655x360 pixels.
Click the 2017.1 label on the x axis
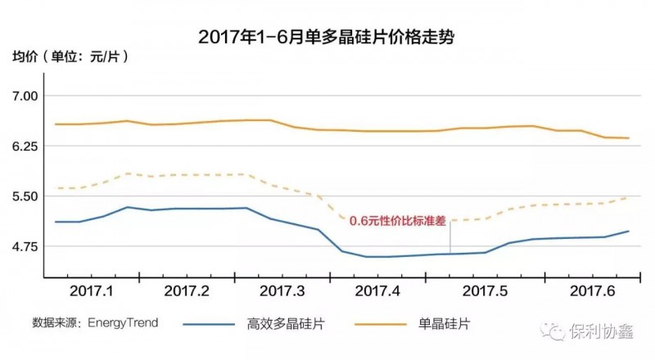pyautogui.click(x=93, y=290)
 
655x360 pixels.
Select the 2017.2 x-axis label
pyautogui.click(x=187, y=290)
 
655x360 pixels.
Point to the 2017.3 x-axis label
pyautogui.click(x=282, y=290)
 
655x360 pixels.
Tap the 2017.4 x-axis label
pyautogui.click(x=377, y=290)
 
